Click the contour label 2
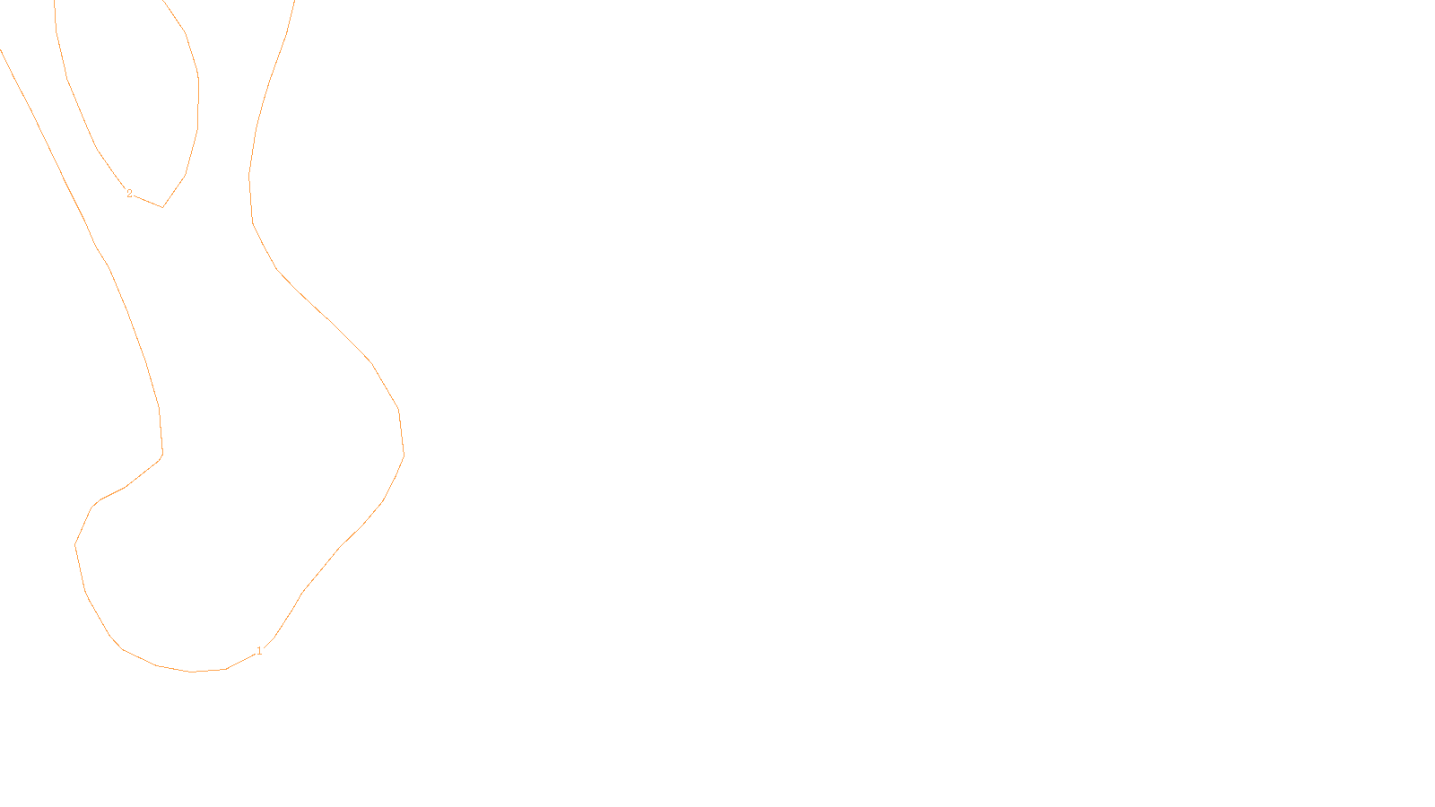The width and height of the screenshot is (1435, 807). pos(129,194)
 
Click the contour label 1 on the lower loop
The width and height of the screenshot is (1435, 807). pos(259,651)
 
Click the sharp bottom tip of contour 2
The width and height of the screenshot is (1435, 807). pos(162,207)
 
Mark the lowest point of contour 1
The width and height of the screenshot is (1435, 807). pos(192,672)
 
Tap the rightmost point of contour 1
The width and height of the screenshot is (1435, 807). pos(404,454)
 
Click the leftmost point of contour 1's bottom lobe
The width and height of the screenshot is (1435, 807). pos(75,543)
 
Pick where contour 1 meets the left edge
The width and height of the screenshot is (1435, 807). pos(1,50)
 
